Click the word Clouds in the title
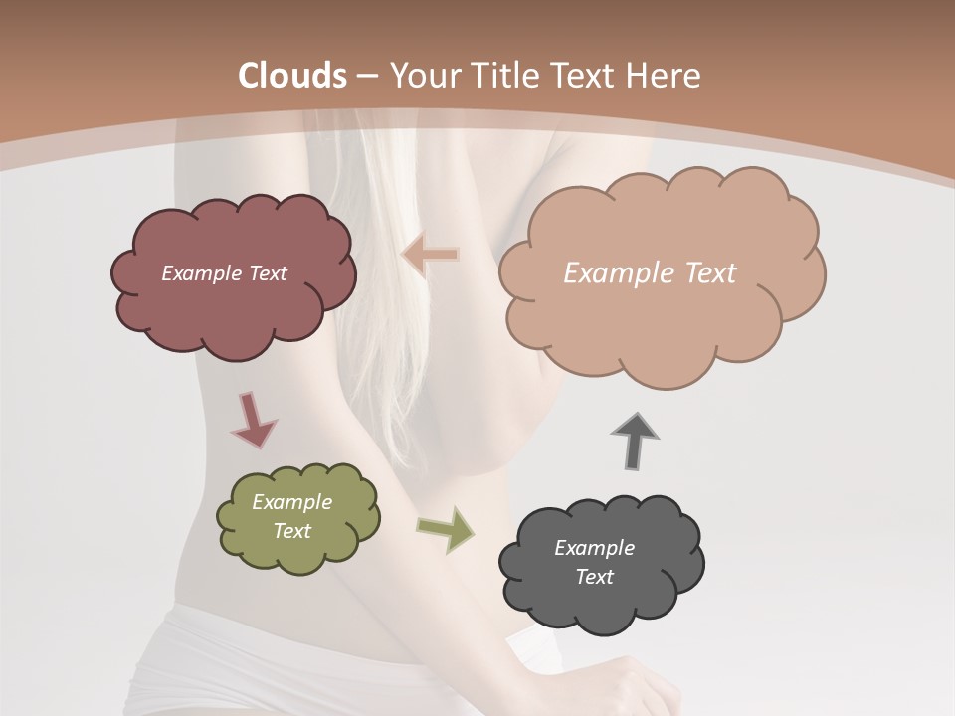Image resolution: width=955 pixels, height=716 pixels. pos(292,76)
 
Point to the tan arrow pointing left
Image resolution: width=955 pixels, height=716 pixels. pos(430,256)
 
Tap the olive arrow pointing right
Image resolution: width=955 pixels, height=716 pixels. pos(445,529)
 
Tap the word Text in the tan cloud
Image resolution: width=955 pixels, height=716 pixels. pos(702,273)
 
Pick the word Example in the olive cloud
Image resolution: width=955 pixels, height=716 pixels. pos(291,502)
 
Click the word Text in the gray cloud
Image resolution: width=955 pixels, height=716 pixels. pos(594,577)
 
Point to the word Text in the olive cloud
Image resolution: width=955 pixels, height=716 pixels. pos(291,531)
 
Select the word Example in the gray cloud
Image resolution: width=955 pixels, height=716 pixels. pos(594,548)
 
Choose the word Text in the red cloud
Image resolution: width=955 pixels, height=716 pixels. pos(266,273)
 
